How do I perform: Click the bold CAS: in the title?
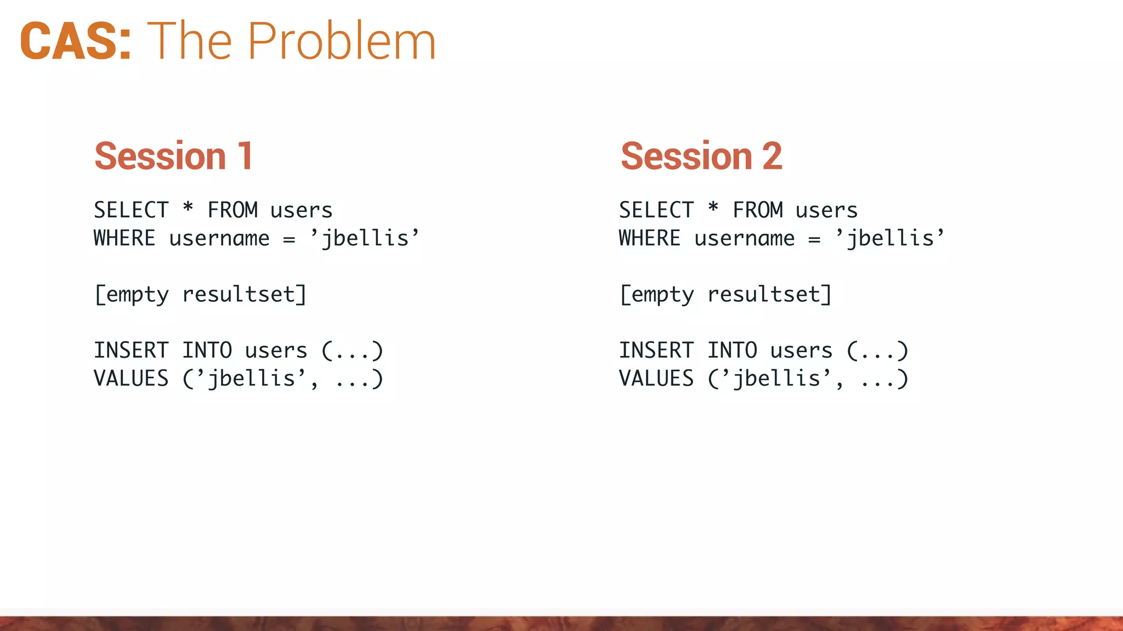(x=76, y=41)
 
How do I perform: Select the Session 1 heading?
(x=173, y=156)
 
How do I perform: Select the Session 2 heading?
(x=701, y=156)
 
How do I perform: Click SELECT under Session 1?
(x=131, y=210)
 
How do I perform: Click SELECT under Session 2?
(x=656, y=210)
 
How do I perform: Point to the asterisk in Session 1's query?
(x=188, y=208)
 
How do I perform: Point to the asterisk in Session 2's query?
(x=713, y=208)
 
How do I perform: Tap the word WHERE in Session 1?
(x=124, y=238)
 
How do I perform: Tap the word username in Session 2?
(x=744, y=238)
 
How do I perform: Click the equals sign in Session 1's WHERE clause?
(x=289, y=239)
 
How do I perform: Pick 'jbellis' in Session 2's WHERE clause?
(x=889, y=238)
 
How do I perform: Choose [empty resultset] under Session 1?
(x=200, y=295)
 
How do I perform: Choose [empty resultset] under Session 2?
(x=725, y=295)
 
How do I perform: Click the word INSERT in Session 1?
(x=131, y=351)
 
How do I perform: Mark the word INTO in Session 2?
(x=732, y=351)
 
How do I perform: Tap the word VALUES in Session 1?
(x=131, y=378)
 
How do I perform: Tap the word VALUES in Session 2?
(x=656, y=378)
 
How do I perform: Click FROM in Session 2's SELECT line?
(x=758, y=210)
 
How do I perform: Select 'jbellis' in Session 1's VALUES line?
(x=251, y=378)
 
